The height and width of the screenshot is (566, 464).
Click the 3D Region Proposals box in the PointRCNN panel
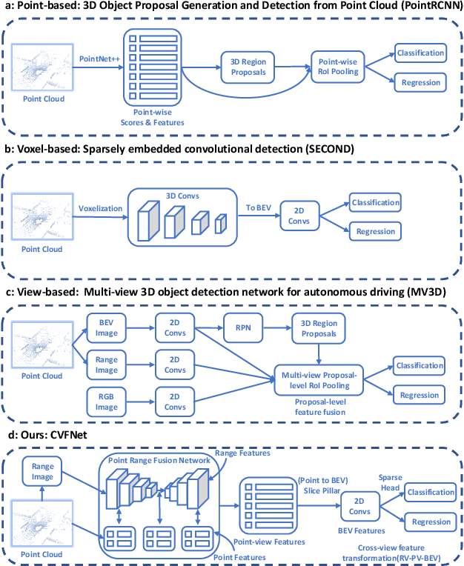(248, 65)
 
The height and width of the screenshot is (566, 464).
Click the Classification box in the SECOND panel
(374, 202)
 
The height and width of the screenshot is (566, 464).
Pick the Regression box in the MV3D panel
(420, 395)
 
